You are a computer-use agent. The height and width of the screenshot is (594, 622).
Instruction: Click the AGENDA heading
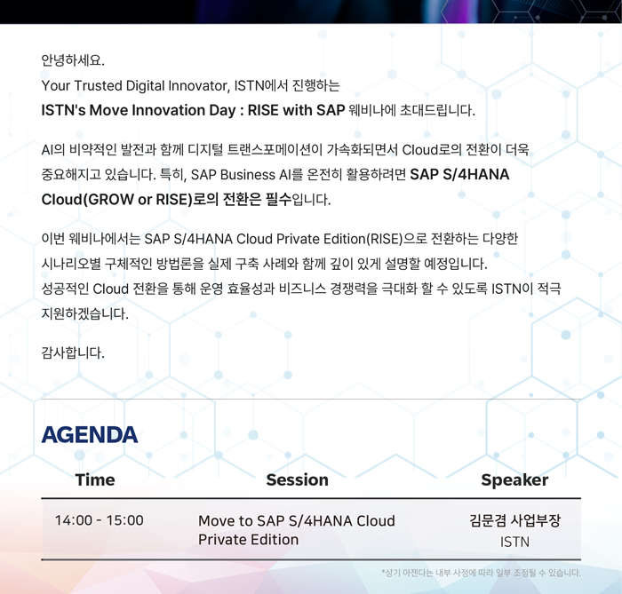tap(90, 435)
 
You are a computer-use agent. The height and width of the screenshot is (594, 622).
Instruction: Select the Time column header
tap(95, 479)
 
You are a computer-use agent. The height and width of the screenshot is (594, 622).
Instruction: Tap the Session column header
tap(297, 479)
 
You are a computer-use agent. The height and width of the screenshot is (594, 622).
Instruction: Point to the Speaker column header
tap(514, 480)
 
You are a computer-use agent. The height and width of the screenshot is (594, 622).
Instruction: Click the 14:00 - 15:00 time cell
tap(100, 520)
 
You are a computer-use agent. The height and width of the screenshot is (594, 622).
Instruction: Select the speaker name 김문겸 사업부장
tap(514, 520)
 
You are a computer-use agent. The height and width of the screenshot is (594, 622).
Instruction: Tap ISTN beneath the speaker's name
tap(514, 542)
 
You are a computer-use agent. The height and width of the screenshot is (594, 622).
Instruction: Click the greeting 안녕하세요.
tap(73, 60)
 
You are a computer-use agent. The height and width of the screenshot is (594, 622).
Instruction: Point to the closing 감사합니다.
tap(73, 352)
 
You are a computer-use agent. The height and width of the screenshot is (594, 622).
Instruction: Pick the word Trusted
tap(98, 85)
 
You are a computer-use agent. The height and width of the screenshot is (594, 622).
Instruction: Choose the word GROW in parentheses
tap(111, 199)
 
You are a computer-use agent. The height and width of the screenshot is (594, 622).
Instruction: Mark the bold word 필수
tap(278, 199)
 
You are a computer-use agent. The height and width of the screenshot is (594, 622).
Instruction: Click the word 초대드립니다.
tap(437, 110)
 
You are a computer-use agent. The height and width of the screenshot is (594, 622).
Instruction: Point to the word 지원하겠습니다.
tap(85, 313)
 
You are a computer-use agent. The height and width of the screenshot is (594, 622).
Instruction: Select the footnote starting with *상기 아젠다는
tap(481, 573)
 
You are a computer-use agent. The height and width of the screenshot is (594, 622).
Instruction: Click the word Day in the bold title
tap(222, 111)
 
